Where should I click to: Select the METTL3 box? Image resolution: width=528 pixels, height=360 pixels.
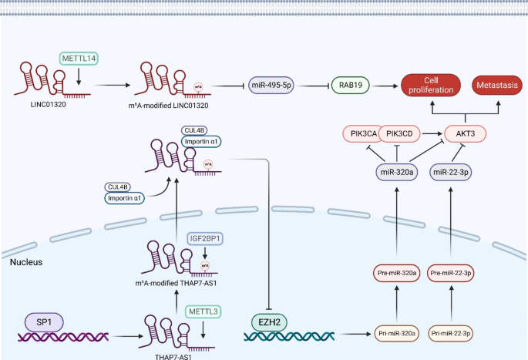pyautogui.click(x=203, y=312)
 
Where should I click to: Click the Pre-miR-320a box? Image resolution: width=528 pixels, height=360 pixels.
pyautogui.click(x=397, y=273)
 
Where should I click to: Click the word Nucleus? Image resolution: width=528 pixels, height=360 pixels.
pyautogui.click(x=25, y=262)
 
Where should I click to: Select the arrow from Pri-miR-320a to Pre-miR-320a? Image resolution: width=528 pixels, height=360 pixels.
pyautogui.click(x=397, y=304)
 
